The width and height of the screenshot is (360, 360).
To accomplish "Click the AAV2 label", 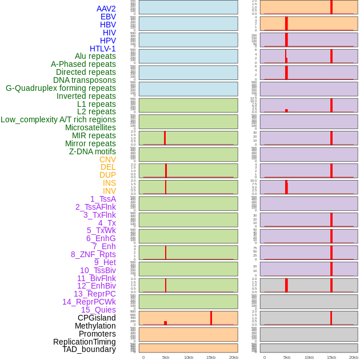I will tap(106, 9).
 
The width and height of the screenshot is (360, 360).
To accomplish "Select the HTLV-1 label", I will tap(102, 49).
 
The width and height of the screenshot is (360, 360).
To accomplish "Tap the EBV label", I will tap(108, 17).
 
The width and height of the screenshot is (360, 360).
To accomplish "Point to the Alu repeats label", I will tap(95, 56).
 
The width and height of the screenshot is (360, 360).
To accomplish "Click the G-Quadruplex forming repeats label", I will tap(61, 88).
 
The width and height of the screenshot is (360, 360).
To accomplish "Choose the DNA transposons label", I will tap(85, 80).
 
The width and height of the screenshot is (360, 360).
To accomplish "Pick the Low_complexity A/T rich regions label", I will tap(58, 119).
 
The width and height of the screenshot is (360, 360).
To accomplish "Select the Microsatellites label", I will tap(90, 127).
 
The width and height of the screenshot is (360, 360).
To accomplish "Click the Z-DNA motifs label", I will tap(93, 151).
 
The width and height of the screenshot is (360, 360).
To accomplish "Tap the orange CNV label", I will tap(107, 159).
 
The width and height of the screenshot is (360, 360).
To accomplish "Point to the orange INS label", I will tap(109, 183).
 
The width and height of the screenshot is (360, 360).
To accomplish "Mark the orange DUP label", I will tap(107, 175).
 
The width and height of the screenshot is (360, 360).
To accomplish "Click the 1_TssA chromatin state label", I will tap(103, 199).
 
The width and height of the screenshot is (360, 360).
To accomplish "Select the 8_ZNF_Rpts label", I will tap(93, 254).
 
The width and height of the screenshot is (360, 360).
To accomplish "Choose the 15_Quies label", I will tap(98, 310).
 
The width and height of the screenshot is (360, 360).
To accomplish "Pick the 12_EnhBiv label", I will tap(97, 286).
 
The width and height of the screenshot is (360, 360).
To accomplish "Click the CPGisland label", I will tap(97, 318).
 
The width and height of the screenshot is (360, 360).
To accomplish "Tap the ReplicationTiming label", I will tap(85, 342).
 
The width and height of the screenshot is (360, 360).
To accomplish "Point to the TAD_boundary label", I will tap(89, 349).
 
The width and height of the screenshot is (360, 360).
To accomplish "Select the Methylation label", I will tap(95, 326).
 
